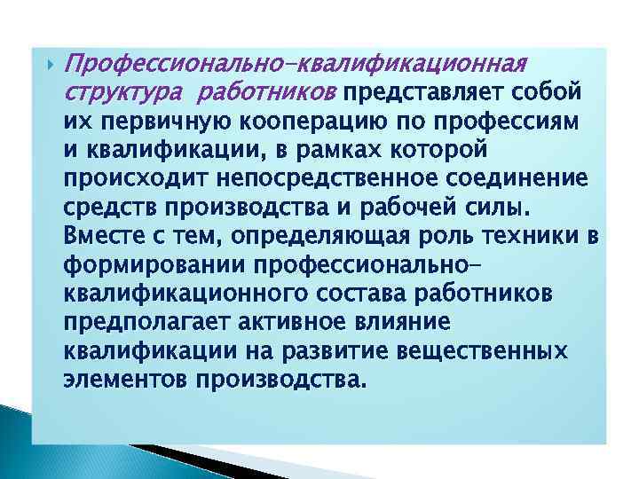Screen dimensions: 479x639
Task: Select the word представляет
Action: pyautogui.click(x=430, y=91)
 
